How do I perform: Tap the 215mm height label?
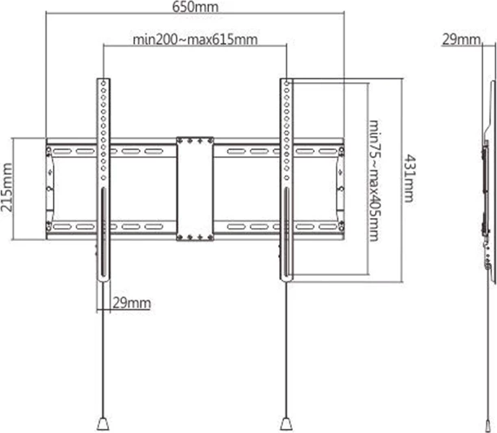tap(7, 187)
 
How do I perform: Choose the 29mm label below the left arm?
tap(130, 303)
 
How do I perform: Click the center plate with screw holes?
tap(196, 188)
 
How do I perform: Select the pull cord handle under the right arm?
tap(286, 423)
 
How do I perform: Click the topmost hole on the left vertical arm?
tap(102, 82)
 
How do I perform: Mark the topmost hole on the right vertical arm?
tap(286, 82)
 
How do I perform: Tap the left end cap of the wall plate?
tap(52, 188)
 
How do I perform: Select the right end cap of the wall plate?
tap(338, 188)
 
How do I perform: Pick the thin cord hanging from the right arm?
tap(286, 350)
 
